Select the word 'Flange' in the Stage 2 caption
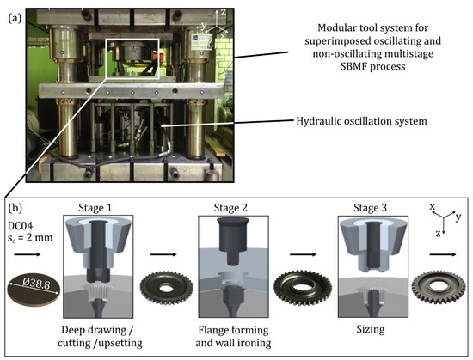point(214,330)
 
